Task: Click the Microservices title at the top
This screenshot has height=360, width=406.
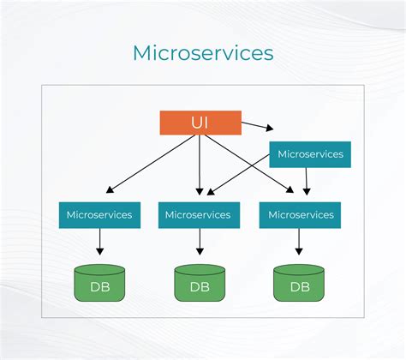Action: click(x=203, y=52)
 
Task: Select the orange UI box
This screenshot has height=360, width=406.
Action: click(x=199, y=122)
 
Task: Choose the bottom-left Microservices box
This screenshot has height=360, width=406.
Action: click(x=99, y=214)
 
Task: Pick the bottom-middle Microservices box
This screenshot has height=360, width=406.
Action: click(x=199, y=214)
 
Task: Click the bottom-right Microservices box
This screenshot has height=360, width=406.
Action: click(x=299, y=214)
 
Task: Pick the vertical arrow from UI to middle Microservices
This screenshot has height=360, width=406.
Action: click(x=199, y=163)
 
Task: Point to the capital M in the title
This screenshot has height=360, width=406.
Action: click(x=143, y=52)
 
